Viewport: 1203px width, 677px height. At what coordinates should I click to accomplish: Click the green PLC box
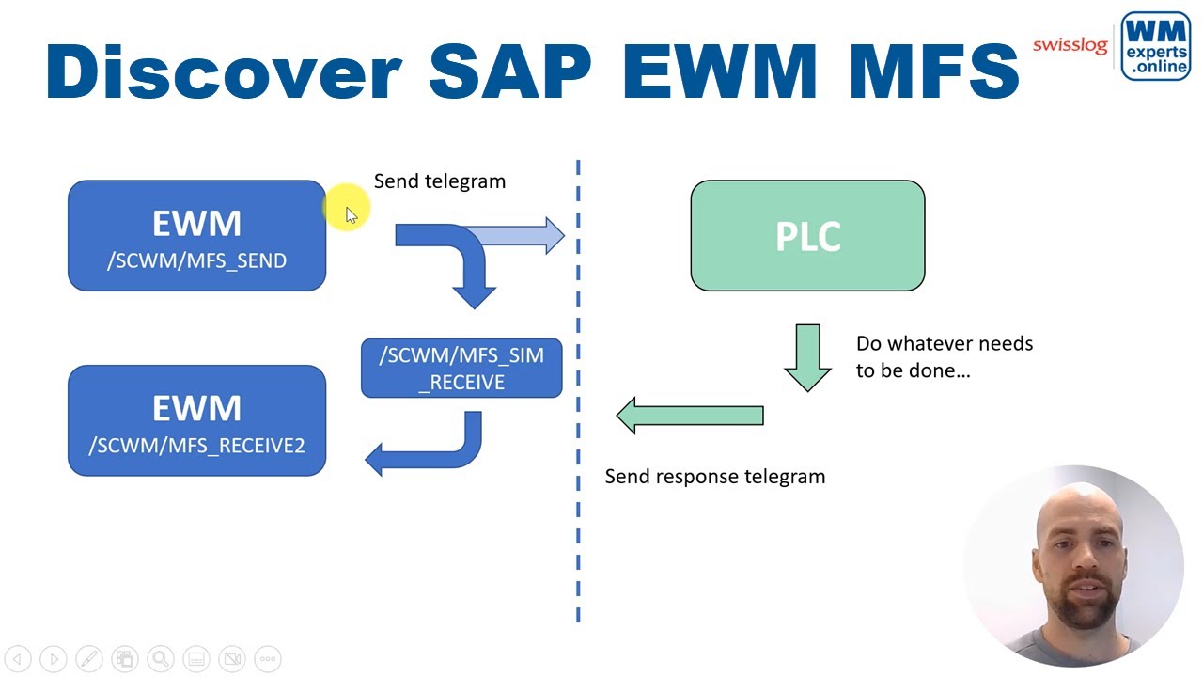tap(807, 236)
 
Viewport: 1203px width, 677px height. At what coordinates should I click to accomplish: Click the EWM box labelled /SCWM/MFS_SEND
tap(196, 236)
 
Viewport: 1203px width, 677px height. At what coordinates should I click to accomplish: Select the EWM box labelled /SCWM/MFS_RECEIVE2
tap(196, 420)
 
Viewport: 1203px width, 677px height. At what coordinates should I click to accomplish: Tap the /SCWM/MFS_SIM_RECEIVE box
tap(461, 368)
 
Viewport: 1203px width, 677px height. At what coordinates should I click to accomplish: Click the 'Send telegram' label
tap(439, 181)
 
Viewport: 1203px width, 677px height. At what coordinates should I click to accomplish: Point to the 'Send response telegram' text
tap(714, 477)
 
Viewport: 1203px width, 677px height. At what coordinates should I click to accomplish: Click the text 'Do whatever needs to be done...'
tap(944, 356)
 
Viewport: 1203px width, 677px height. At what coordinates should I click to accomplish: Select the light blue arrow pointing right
tap(526, 235)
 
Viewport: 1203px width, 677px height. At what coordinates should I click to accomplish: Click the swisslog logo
tap(1070, 45)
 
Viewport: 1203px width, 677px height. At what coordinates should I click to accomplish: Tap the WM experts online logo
tap(1155, 46)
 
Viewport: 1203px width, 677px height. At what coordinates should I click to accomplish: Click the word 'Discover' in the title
tap(223, 71)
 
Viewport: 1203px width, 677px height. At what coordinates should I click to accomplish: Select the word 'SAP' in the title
tap(510, 71)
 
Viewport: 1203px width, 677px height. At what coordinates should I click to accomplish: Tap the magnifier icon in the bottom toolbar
tap(160, 659)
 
